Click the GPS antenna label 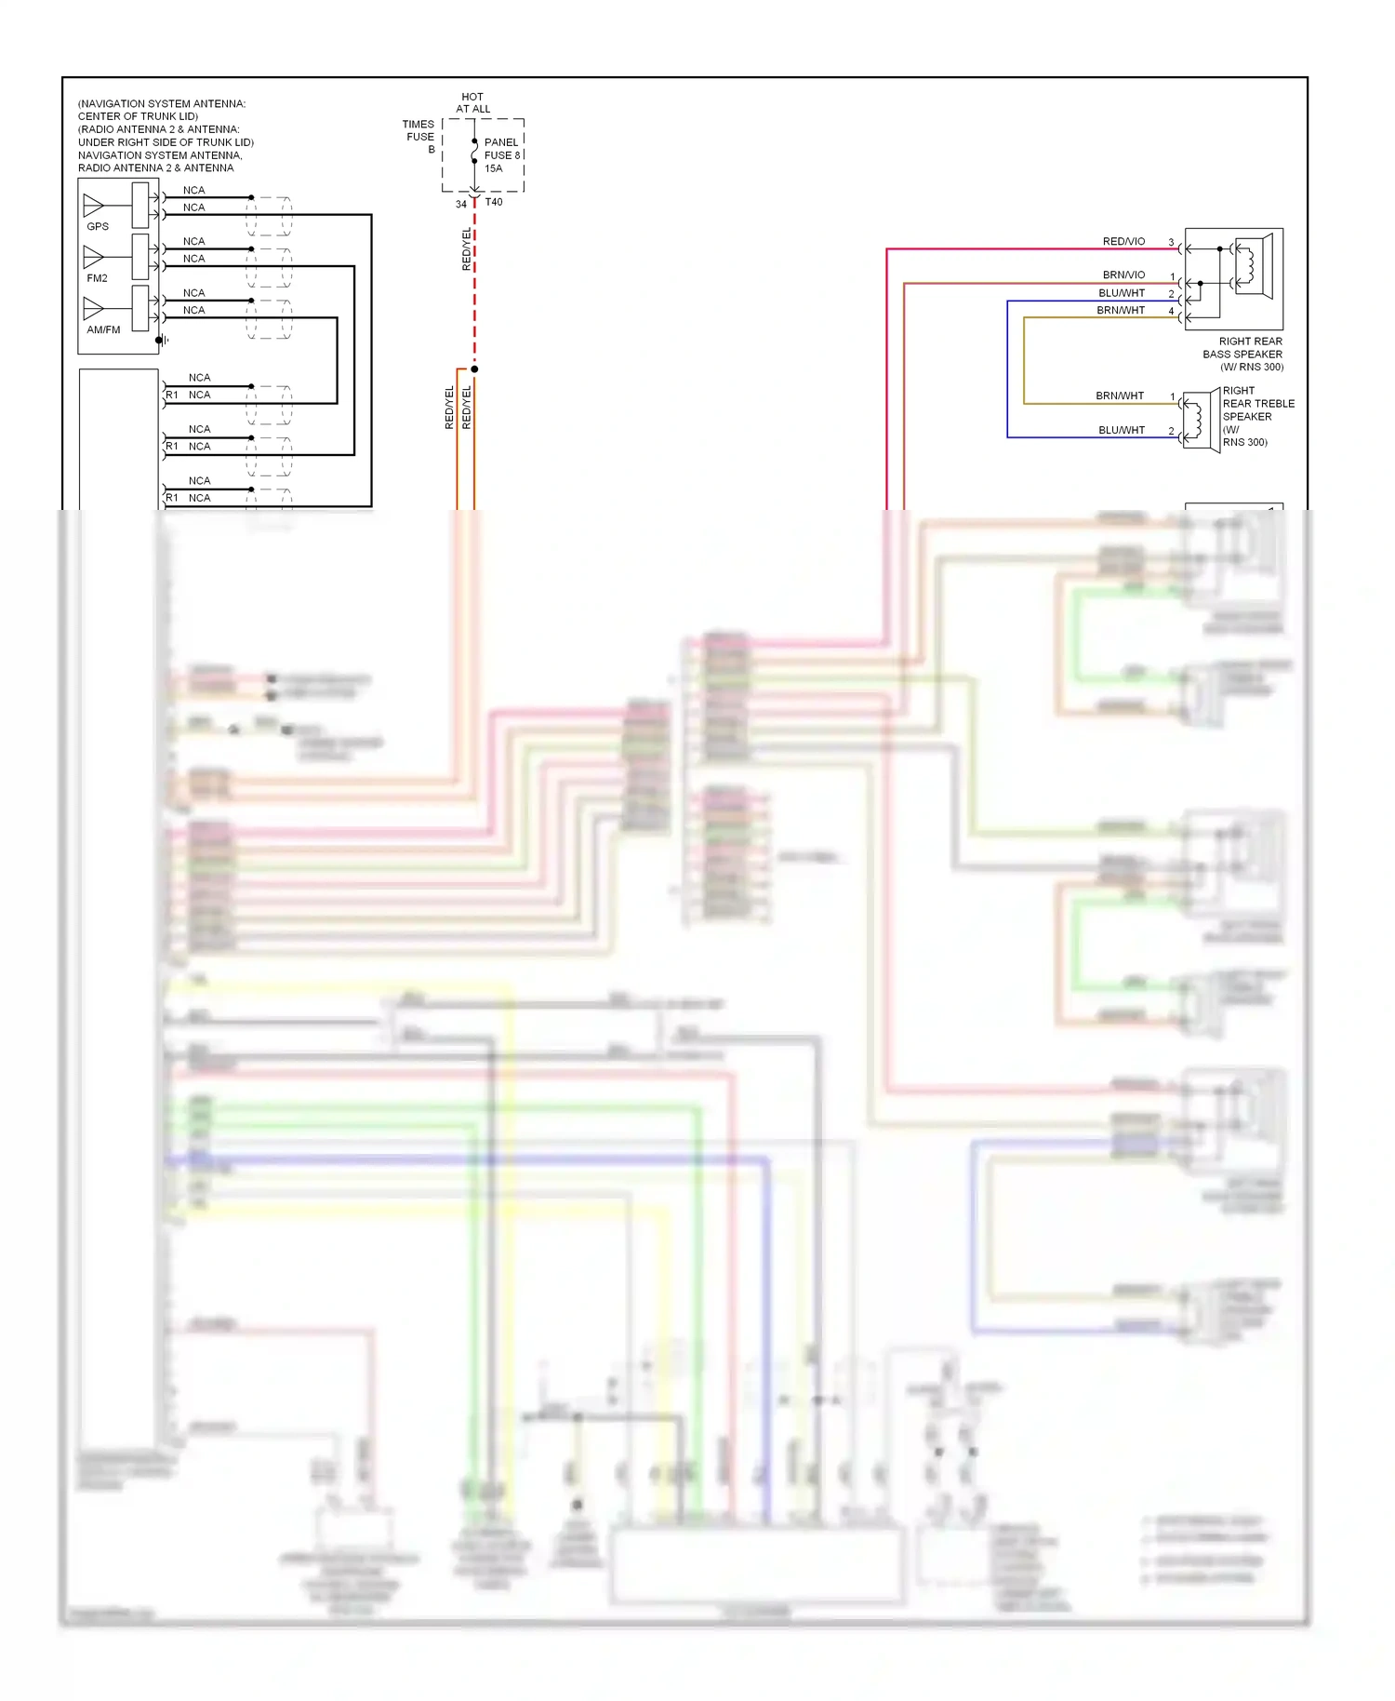click(98, 226)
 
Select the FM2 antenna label click(98, 278)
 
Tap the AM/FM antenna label click(103, 329)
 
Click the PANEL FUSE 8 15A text click(502, 155)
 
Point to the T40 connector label click(494, 202)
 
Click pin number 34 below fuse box click(460, 205)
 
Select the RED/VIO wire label click(1123, 241)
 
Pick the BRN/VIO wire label click(1123, 275)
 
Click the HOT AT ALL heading click(472, 102)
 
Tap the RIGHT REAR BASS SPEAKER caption click(1243, 354)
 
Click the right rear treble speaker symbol click(1199, 421)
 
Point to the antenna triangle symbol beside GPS click(93, 205)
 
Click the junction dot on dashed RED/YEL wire click(474, 369)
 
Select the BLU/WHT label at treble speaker click(1121, 430)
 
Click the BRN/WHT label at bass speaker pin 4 click(1120, 310)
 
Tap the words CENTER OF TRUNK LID click(138, 116)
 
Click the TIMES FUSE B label click(418, 136)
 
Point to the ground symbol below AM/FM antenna click(162, 341)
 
